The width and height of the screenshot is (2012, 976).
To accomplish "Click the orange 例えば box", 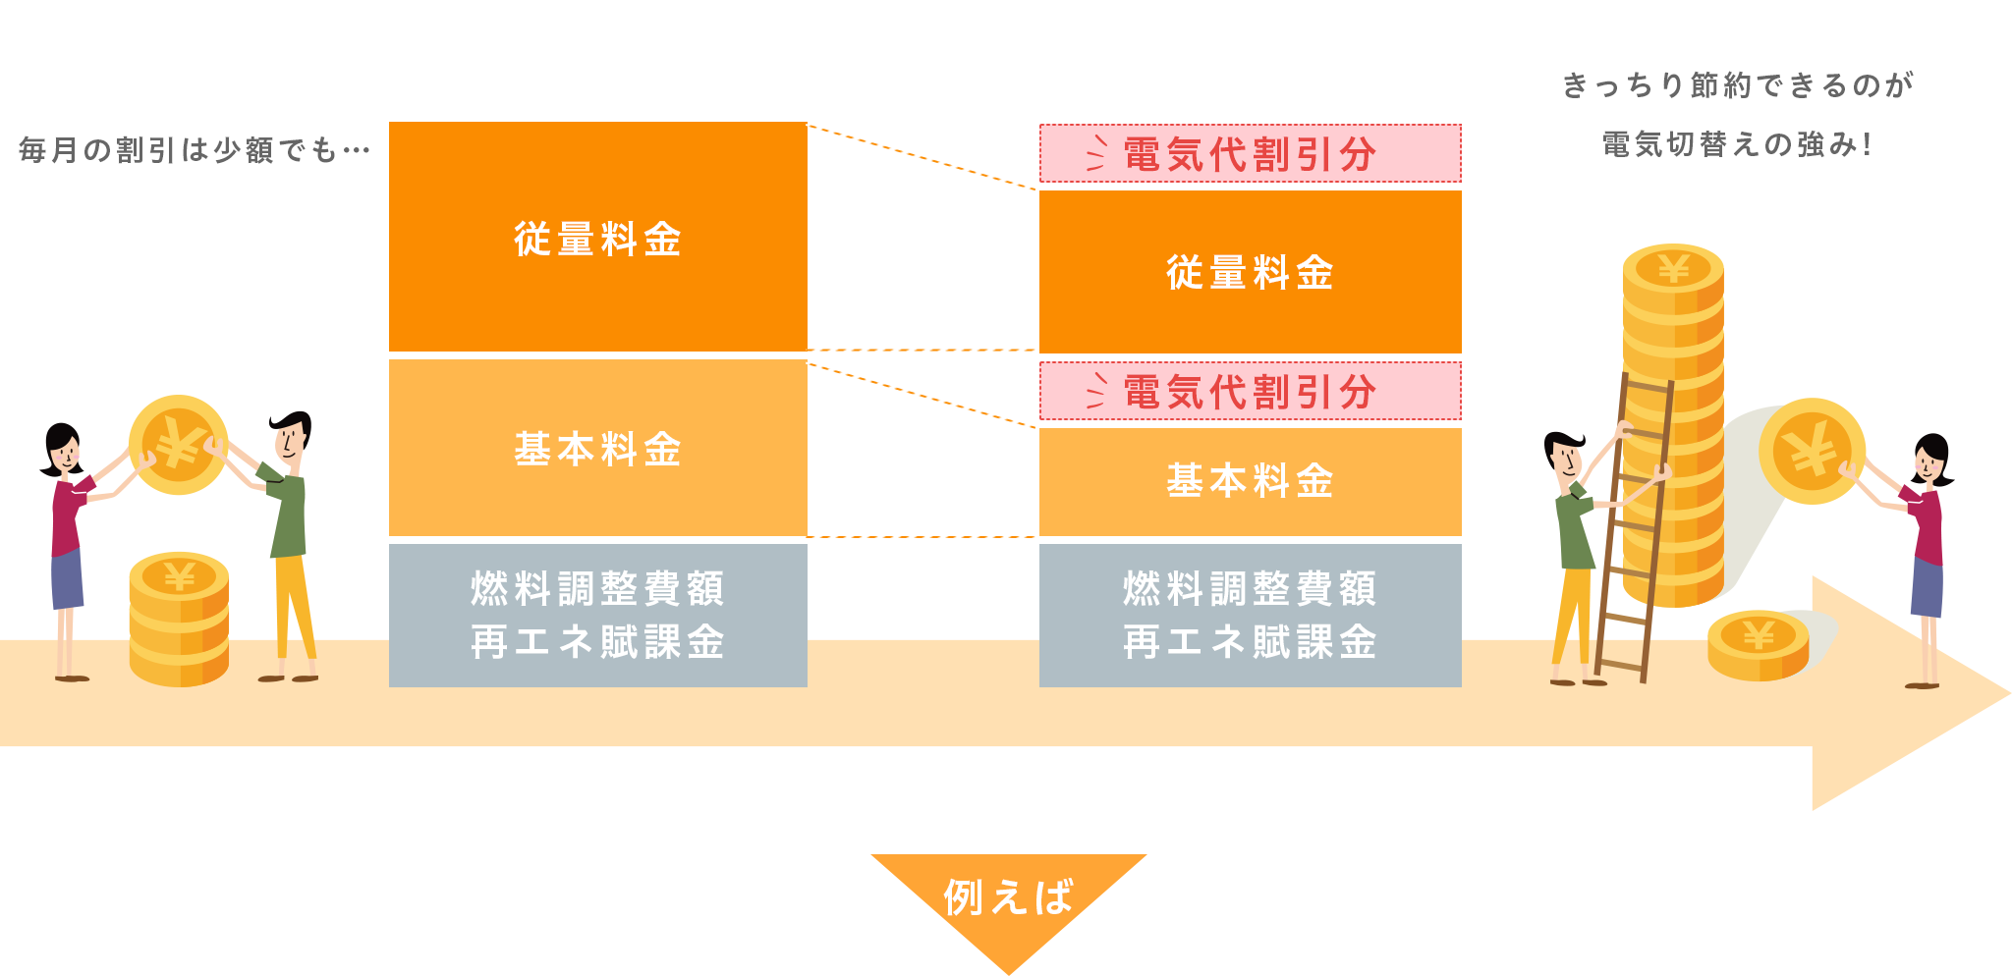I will coord(1009,912).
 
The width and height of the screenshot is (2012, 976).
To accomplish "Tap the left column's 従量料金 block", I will coord(597,237).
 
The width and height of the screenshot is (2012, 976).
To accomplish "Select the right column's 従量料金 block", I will coord(1250,272).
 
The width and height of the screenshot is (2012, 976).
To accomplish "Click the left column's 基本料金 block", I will coord(597,449).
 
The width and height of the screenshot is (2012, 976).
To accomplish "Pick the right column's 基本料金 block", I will coord(1250,481).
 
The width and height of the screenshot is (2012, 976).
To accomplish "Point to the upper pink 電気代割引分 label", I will coord(1250,153).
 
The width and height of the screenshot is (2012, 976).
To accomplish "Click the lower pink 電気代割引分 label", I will coord(1250,391).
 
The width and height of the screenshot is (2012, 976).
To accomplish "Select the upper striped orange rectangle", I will coord(926,157).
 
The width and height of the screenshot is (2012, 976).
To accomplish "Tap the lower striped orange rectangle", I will coord(926,395).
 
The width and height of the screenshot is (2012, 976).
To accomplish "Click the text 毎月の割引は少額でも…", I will coord(194,149).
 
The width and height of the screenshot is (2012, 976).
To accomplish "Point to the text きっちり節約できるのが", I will coord(1737,85).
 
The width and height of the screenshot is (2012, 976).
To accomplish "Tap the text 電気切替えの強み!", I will coord(1737,144).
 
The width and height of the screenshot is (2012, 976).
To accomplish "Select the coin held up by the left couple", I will coord(178,445).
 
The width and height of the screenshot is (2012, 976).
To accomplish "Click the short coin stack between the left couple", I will coord(179,619).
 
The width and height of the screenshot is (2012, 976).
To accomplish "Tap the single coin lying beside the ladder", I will coord(1758,643).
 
